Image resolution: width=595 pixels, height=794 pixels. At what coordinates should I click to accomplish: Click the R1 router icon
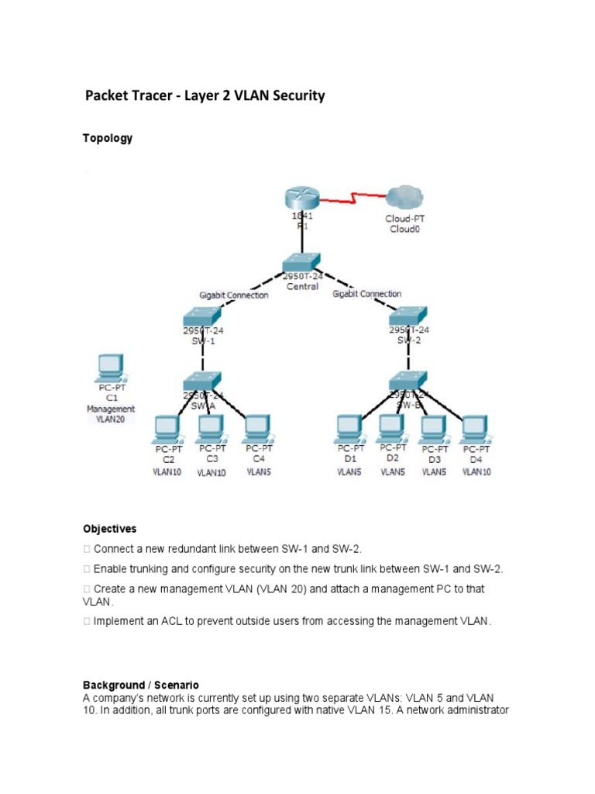pos(303,198)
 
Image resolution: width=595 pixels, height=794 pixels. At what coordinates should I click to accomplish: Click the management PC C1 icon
pos(111,367)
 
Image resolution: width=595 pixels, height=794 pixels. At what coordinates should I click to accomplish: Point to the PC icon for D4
pos(476,429)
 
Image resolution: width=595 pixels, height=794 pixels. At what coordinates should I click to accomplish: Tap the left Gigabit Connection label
pos(234,295)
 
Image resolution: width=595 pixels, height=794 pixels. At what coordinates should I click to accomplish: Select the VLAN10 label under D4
pos(476,471)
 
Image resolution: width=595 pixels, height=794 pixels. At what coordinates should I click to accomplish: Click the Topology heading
pos(108,138)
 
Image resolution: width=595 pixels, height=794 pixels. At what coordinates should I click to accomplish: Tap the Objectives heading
pos(110,529)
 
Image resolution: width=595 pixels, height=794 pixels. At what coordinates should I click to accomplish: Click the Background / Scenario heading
pos(141,685)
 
